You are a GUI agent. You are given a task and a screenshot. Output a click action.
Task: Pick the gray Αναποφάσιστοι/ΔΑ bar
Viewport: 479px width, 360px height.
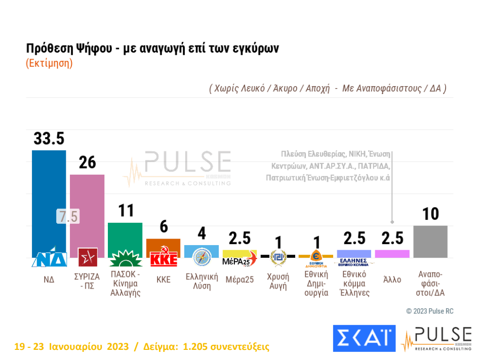pyautogui.click(x=430, y=242)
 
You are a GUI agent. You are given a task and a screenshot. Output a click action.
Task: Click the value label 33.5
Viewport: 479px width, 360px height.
pyautogui.click(x=49, y=138)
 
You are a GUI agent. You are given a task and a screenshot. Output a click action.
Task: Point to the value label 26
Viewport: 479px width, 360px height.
pyautogui.click(x=87, y=163)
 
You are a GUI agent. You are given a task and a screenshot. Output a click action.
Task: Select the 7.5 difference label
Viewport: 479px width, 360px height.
pyautogui.click(x=67, y=216)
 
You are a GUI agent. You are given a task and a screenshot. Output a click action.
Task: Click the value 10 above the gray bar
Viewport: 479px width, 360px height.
pyautogui.click(x=430, y=214)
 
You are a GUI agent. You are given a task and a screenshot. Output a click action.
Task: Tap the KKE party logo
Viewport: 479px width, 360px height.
pyautogui.click(x=164, y=259)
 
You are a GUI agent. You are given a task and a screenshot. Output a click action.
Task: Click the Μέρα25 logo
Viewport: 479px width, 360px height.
pyautogui.click(x=239, y=261)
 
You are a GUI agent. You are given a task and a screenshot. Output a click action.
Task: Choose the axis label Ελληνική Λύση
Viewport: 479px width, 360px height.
pyautogui.click(x=202, y=281)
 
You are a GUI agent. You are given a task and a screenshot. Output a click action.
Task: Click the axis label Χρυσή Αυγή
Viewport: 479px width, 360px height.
pyautogui.click(x=277, y=281)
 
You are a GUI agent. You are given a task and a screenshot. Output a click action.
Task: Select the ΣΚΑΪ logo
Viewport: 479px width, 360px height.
pyautogui.click(x=364, y=338)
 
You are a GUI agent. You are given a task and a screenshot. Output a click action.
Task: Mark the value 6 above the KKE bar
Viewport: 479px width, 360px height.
pyautogui.click(x=164, y=227)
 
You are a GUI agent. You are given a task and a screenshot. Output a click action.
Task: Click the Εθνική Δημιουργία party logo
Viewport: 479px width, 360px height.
pyautogui.click(x=316, y=258)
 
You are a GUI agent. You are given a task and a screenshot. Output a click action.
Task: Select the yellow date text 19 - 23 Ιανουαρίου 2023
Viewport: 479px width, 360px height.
pyautogui.click(x=71, y=347)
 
